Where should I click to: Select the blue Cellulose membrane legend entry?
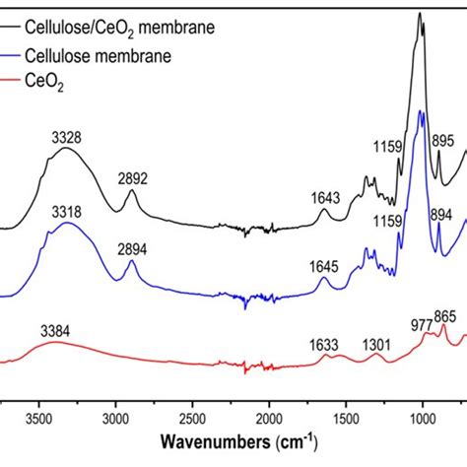point(105,57)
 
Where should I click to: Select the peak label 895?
point(446,140)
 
